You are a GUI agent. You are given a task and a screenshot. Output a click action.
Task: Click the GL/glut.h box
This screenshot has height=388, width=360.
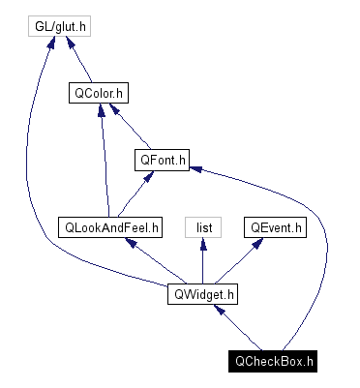(x=58, y=26)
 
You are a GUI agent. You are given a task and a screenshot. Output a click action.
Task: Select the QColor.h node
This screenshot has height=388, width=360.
(x=100, y=94)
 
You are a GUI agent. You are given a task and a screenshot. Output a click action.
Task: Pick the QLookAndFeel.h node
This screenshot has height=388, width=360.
(x=110, y=227)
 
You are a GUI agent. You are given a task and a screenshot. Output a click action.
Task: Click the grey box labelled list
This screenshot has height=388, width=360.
(x=204, y=227)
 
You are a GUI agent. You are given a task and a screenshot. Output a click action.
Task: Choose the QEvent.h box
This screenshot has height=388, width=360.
(x=275, y=227)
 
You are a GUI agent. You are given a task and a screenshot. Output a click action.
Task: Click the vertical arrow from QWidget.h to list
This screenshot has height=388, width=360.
(x=203, y=261)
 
